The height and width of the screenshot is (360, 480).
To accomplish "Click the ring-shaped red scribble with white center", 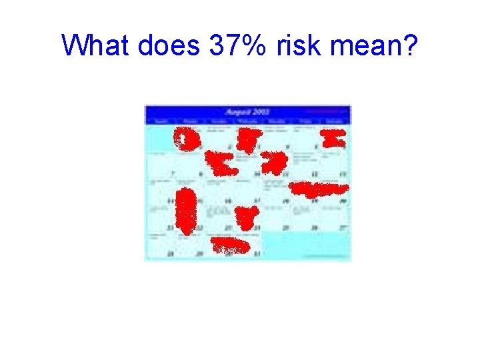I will tap(187, 138).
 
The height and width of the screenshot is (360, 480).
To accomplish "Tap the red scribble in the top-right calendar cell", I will tap(333, 139).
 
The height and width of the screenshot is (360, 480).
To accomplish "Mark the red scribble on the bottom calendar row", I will tap(230, 246).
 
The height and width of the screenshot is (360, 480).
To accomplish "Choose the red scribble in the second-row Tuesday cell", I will tap(220, 163).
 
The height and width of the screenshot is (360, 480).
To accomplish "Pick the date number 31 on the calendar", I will tap(257, 253).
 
